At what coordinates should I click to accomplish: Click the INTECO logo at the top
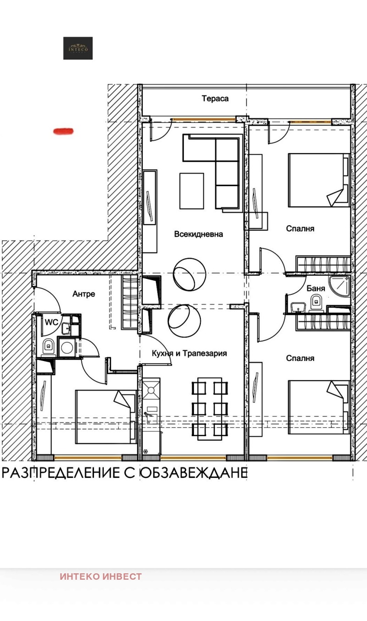click(78, 48)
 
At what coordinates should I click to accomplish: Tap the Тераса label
click(215, 98)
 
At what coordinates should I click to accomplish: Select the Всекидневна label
click(199, 234)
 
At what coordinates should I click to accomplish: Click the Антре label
click(84, 294)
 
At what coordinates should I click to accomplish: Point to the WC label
click(51, 322)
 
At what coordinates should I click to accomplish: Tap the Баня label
click(316, 288)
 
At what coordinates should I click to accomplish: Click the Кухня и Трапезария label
click(189, 354)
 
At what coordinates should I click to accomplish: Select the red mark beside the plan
click(64, 131)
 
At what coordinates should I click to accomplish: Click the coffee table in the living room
click(191, 190)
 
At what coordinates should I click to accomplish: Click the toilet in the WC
click(49, 347)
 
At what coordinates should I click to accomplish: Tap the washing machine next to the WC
click(67, 347)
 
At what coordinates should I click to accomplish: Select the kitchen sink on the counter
click(151, 416)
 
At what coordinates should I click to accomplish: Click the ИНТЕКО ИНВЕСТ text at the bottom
click(100, 577)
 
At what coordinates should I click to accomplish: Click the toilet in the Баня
click(316, 302)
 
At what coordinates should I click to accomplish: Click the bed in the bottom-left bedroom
click(106, 416)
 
